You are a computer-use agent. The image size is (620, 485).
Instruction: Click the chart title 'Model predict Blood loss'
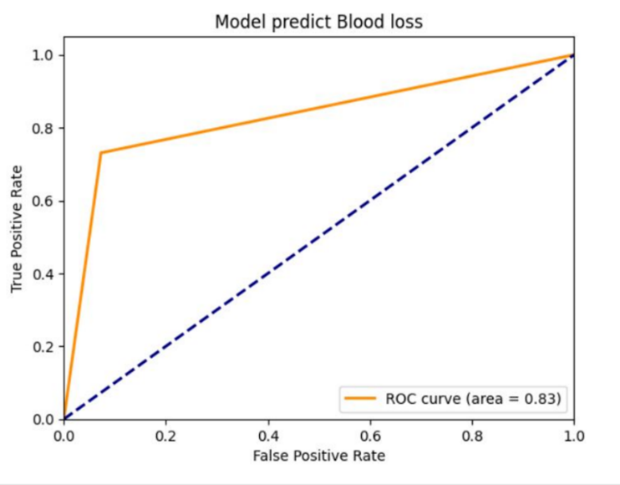(318, 22)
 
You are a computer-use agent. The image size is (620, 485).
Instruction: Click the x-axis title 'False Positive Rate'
(318, 457)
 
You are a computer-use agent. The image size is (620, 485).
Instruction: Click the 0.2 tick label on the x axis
(165, 436)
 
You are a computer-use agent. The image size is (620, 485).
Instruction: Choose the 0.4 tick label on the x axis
(267, 436)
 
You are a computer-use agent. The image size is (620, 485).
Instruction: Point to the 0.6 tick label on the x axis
(369, 436)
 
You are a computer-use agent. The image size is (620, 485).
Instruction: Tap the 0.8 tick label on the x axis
(471, 436)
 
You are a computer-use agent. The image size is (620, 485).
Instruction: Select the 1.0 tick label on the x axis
(573, 436)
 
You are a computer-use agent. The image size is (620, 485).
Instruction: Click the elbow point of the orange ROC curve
(100, 153)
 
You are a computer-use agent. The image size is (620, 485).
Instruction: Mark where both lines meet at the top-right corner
(573, 55)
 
